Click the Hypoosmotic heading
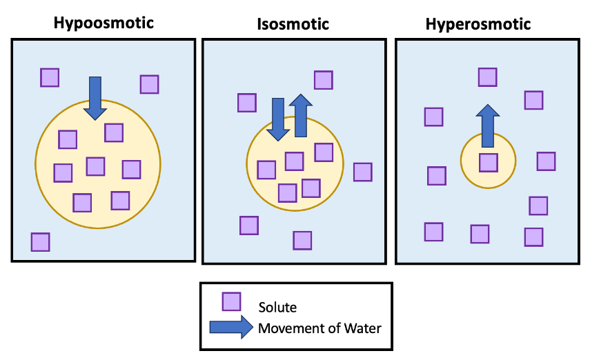pyautogui.click(x=104, y=23)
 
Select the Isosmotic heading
pyautogui.click(x=293, y=25)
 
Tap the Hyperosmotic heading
pyautogui.click(x=478, y=24)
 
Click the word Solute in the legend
pyautogui.click(x=277, y=307)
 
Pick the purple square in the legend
pyautogui.click(x=231, y=302)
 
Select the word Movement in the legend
pyautogui.click(x=288, y=327)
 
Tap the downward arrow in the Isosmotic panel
pyautogui.click(x=278, y=119)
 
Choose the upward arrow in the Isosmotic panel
pyautogui.click(x=300, y=115)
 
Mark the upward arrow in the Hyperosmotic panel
pyautogui.click(x=488, y=126)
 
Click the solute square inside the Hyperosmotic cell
pyautogui.click(x=489, y=163)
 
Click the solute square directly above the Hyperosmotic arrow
pyautogui.click(x=488, y=77)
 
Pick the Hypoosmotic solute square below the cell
pyautogui.click(x=41, y=242)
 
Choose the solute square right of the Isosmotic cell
pyautogui.click(x=363, y=172)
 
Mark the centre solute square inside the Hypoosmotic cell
pyautogui.click(x=96, y=166)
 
